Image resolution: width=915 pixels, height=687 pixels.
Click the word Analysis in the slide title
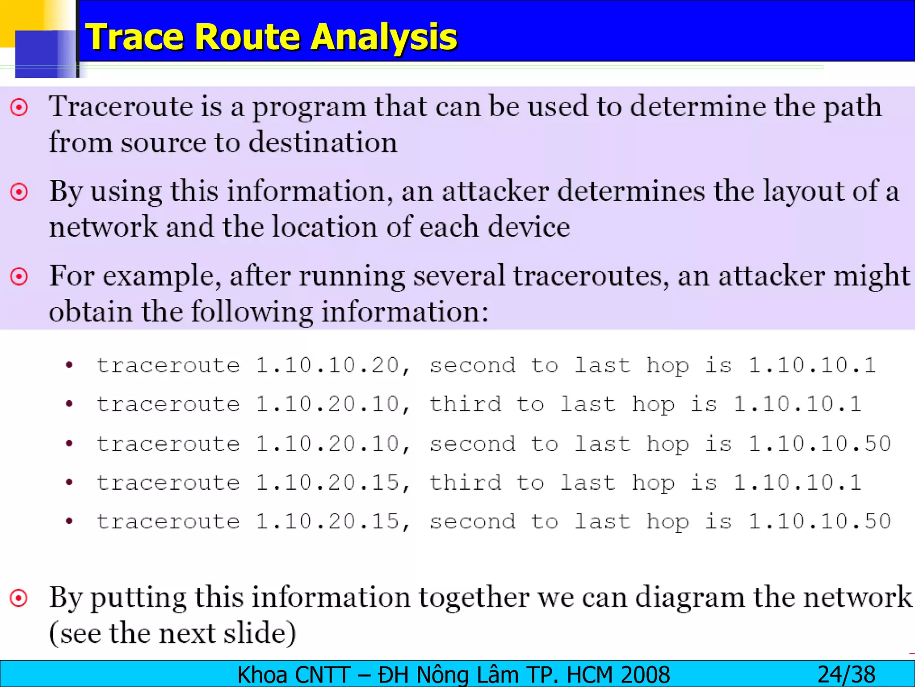384,37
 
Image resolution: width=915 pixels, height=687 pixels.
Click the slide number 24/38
846,674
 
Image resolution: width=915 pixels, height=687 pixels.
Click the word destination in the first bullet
323,143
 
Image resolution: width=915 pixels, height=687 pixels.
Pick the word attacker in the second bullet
495,191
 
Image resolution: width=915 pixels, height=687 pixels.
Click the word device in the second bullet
529,227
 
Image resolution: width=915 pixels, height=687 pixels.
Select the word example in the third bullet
162,276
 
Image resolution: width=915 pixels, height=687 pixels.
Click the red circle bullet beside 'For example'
19,276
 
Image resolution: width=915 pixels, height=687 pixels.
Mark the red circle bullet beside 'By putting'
19,598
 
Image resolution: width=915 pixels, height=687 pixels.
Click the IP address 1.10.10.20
327,365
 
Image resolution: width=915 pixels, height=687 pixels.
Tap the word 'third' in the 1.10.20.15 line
465,483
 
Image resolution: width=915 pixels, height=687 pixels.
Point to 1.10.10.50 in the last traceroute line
819,522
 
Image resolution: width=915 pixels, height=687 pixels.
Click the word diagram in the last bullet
690,598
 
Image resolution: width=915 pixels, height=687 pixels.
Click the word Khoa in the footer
259,674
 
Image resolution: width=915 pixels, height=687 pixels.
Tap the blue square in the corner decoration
42,54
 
